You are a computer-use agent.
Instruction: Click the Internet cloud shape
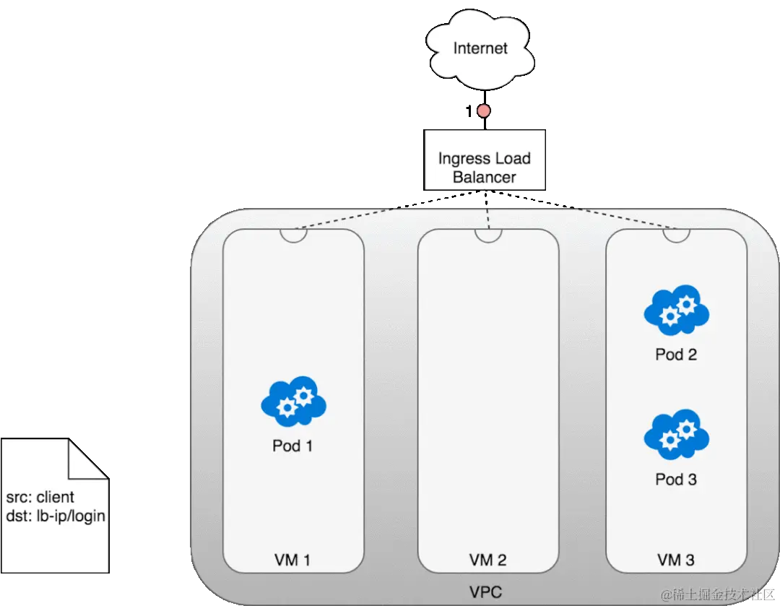480,48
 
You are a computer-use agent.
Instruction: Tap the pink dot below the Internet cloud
483,111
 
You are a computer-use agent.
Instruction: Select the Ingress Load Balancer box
484,160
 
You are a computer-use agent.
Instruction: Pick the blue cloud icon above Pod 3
676,436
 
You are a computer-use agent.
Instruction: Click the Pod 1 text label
292,446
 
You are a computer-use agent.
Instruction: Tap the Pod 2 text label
676,355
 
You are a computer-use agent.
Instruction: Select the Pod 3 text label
676,480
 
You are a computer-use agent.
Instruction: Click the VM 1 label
292,560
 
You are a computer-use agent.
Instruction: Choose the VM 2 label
487,560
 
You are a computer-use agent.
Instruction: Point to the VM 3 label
676,560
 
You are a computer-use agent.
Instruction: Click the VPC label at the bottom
485,593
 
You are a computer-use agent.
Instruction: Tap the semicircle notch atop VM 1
293,235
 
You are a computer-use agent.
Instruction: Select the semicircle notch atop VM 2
488,235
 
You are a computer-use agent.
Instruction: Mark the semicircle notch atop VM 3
676,235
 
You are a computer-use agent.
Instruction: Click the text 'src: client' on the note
40,498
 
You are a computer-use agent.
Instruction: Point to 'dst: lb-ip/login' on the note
56,516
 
